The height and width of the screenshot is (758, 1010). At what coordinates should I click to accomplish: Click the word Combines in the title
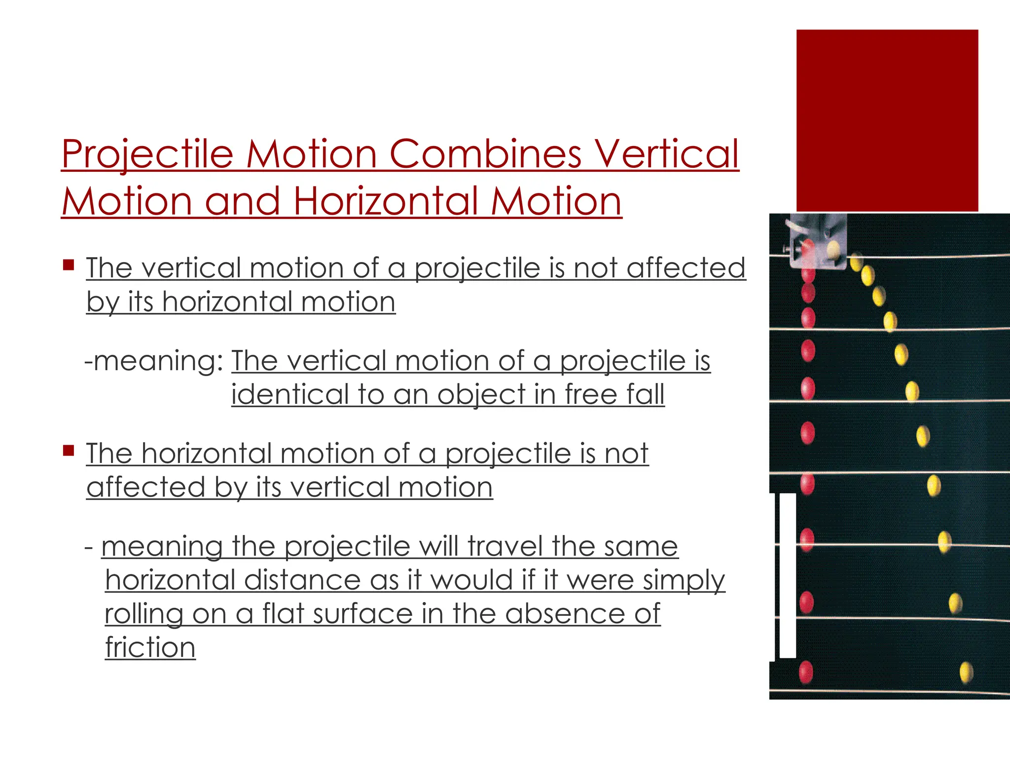486,154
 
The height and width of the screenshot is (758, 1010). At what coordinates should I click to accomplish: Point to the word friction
150,647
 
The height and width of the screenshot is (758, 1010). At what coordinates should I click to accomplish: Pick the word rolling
144,615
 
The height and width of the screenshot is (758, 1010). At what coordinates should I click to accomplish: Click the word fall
646,394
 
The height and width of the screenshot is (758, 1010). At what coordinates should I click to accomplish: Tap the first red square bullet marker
69,265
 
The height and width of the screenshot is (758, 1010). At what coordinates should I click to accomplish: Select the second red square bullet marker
69,451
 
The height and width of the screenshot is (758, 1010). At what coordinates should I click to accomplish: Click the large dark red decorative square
887,120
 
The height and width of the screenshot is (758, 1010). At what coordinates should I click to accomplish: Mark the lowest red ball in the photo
806,672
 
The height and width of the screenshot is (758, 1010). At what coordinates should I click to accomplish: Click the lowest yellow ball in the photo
966,673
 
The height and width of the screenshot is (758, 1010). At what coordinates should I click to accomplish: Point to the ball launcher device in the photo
817,242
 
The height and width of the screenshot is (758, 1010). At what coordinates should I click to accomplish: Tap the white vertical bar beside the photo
788,575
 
